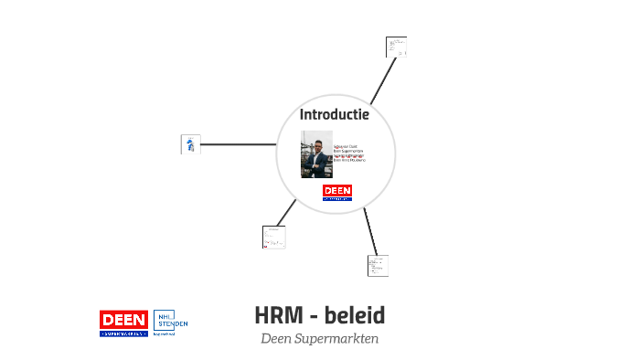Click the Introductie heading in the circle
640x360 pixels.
335,114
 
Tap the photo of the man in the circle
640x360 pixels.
316,154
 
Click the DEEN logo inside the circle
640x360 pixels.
337,192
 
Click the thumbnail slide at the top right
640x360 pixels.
396,48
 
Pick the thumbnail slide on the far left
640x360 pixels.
191,143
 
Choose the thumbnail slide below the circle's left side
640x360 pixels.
273,237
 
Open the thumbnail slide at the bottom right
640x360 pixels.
378,266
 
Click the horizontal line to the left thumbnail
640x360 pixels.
238,143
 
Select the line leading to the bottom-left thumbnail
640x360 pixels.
287,211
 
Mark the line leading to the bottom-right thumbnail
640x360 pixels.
369,230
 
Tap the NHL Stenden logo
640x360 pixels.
170,323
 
